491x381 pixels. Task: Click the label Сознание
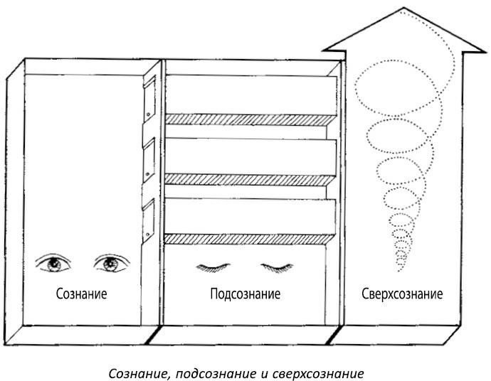pyautogui.click(x=78, y=294)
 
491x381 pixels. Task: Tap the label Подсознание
pyautogui.click(x=245, y=294)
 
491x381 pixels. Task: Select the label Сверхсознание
pyautogui.click(x=402, y=294)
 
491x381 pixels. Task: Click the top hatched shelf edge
pyautogui.click(x=249, y=119)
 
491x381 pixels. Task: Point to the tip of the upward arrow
pyautogui.click(x=403, y=9)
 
